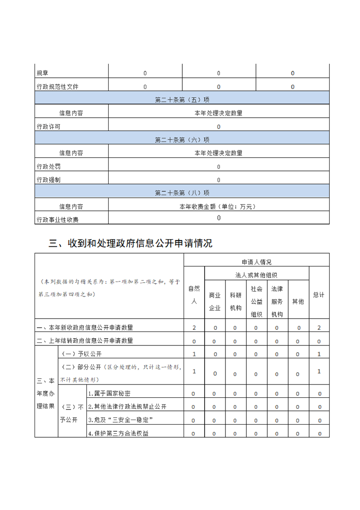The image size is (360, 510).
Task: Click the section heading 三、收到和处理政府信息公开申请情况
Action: (x=130, y=244)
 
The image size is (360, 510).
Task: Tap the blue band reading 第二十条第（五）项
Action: (x=182, y=100)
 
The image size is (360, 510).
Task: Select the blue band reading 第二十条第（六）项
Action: (x=182, y=140)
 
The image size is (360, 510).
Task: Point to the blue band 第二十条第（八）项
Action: (x=182, y=193)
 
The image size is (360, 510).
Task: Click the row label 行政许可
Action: (x=49, y=127)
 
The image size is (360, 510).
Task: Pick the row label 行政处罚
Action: (x=49, y=166)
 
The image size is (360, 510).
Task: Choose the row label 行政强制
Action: (x=49, y=180)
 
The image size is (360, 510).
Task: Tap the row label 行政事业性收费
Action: (x=57, y=220)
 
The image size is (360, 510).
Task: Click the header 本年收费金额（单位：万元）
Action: (x=218, y=207)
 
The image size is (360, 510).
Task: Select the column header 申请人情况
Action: (x=256, y=262)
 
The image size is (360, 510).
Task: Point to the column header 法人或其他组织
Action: (x=256, y=275)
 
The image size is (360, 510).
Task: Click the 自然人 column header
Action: (x=194, y=295)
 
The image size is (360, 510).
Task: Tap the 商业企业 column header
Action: (x=215, y=301)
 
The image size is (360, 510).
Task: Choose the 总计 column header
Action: (x=319, y=295)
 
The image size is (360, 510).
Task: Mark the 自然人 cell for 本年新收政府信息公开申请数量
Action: (x=194, y=328)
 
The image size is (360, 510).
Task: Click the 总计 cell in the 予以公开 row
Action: (x=319, y=354)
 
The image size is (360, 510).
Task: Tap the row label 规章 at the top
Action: (x=42, y=73)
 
